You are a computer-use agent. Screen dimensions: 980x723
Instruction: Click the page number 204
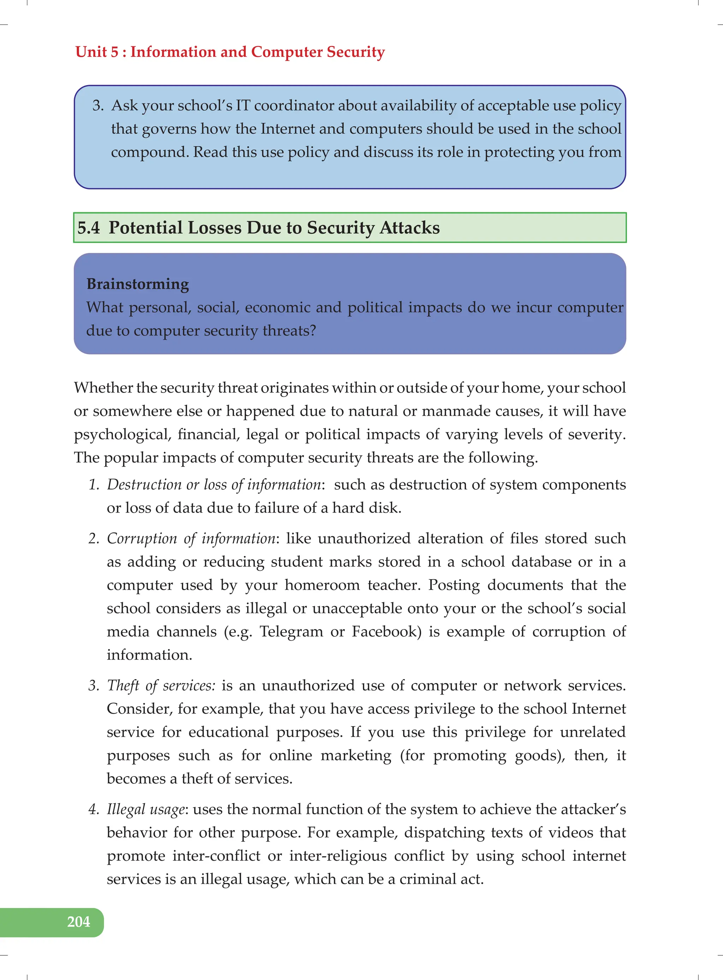point(78,922)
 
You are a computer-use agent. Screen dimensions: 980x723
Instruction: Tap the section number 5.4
point(88,228)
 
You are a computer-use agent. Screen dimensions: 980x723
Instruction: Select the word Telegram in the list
point(291,631)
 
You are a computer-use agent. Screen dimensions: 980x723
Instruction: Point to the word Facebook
point(386,631)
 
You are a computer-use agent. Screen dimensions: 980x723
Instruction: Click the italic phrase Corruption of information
point(192,539)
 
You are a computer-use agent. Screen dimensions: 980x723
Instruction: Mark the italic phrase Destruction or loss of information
point(214,485)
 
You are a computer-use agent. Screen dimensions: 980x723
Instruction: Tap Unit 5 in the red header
point(97,52)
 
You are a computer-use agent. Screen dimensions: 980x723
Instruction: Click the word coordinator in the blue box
point(294,106)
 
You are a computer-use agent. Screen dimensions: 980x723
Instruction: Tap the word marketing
point(356,755)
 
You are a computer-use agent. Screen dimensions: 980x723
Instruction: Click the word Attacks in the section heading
point(409,228)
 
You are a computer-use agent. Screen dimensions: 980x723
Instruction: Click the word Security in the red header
point(355,52)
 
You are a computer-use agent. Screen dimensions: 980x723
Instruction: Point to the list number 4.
point(94,810)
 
